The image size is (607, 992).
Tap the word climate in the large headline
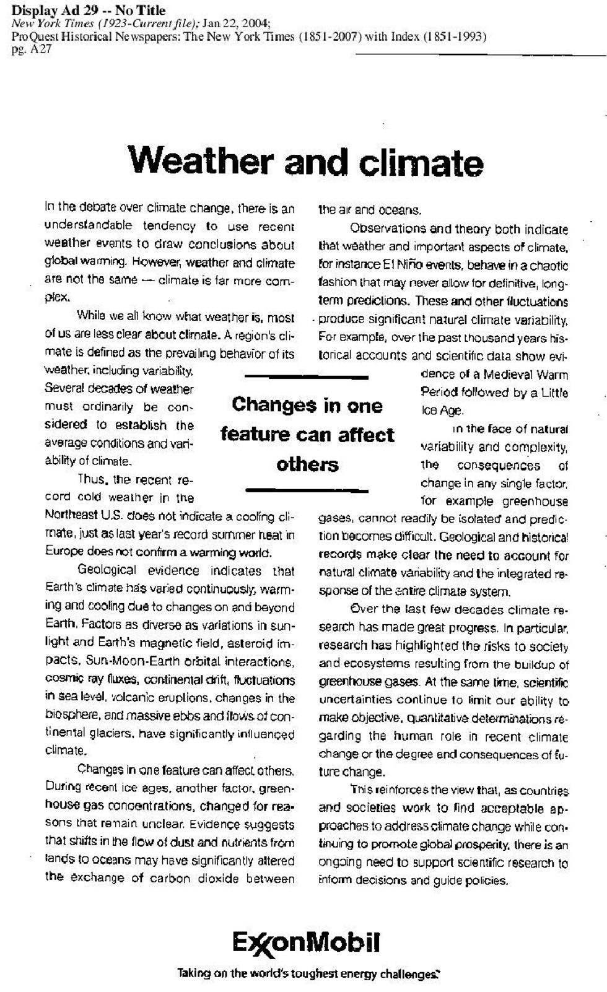(422, 163)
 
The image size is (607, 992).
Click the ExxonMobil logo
(306, 944)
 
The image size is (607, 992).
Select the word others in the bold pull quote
(307, 464)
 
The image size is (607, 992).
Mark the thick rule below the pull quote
(307, 491)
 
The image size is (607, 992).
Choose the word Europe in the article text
(63, 552)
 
